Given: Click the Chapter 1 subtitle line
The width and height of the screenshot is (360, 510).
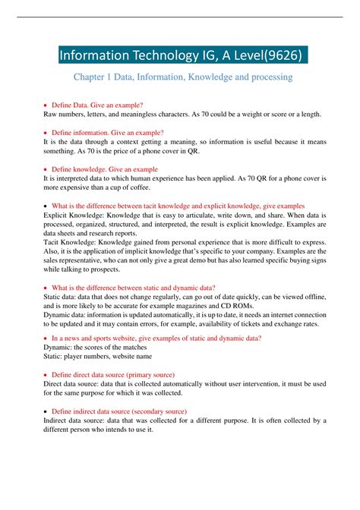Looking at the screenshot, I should click(x=182, y=77).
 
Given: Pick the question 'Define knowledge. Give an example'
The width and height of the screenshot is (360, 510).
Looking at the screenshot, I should click(x=104, y=169).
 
